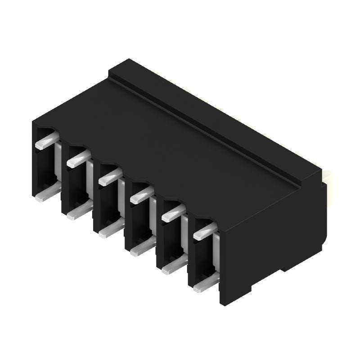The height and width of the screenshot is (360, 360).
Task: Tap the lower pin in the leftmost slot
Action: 46,194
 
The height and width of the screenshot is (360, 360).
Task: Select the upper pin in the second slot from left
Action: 78,159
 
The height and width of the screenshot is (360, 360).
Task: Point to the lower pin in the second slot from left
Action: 77,212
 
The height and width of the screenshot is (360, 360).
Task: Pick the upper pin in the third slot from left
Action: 109,177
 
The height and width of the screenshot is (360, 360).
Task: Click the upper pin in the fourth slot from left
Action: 141,194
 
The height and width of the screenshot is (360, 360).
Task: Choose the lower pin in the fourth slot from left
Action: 140,248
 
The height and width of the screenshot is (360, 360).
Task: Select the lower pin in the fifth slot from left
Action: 172,266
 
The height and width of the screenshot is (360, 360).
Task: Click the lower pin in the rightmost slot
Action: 203,284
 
